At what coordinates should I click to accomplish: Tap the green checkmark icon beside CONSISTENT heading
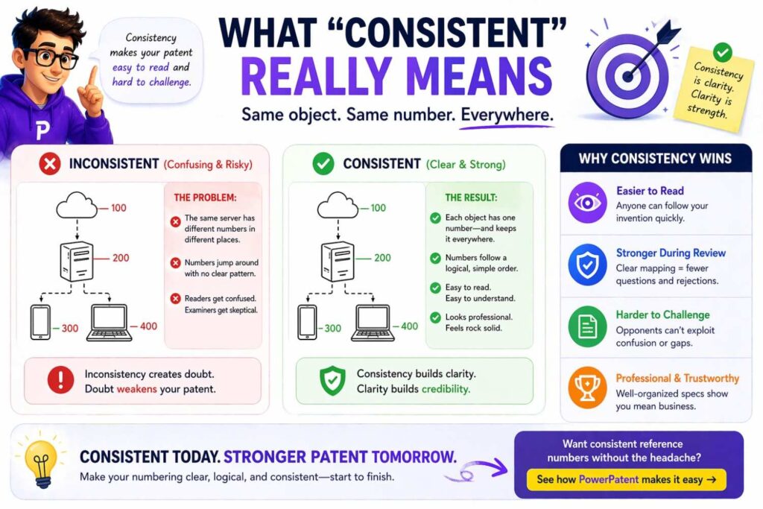(323, 163)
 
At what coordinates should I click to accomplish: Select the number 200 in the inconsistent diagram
(120, 258)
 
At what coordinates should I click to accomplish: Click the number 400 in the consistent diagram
(409, 326)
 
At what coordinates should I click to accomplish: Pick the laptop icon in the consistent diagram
(374, 322)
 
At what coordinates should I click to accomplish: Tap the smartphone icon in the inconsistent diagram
(40, 322)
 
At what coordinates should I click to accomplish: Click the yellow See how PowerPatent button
(626, 479)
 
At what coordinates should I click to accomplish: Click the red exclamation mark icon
(59, 381)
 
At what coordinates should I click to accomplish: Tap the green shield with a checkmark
(332, 381)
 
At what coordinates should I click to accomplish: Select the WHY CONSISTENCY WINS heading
(655, 158)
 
